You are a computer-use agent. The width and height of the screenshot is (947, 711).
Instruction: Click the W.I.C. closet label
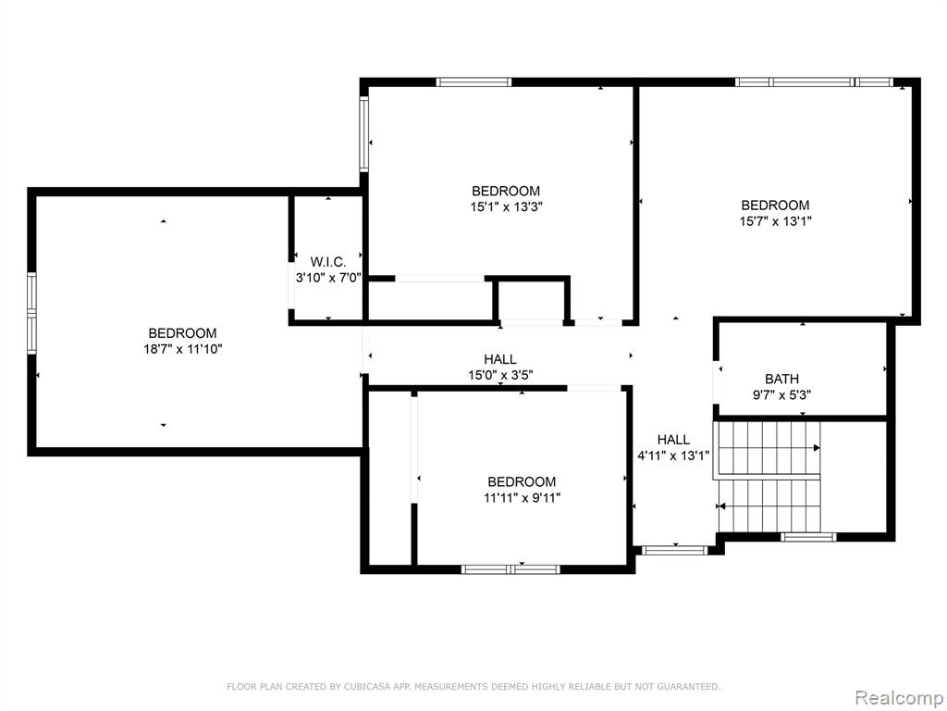pos(328,262)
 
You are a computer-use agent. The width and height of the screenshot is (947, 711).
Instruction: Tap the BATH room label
pos(781,379)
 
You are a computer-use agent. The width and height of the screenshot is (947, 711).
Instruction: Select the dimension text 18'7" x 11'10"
pos(182,349)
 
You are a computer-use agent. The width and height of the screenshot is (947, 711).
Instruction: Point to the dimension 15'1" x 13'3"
pos(506,206)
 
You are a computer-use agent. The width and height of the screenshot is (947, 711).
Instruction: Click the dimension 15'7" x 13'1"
pos(776,221)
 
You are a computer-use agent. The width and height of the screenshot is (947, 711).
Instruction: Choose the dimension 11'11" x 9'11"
pos(522,497)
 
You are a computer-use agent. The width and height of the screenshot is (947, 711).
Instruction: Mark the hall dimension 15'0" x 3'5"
pos(500,376)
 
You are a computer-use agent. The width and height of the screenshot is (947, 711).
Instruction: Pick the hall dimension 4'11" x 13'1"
pos(673,455)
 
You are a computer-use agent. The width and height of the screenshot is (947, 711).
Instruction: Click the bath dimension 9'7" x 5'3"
pos(781,395)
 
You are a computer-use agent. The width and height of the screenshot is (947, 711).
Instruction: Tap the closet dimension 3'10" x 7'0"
pos(328,278)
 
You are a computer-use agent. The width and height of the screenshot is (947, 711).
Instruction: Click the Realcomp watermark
pos(898,698)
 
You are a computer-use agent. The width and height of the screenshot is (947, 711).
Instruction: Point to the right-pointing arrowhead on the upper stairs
pos(817,448)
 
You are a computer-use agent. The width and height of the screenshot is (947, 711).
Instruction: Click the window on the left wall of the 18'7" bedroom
pos(31,313)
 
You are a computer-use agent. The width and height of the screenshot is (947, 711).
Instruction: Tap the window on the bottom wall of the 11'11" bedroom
pos(510,569)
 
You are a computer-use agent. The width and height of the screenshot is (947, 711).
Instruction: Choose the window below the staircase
pos(808,537)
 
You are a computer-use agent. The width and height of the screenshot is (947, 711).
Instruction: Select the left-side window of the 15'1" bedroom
pos(364,134)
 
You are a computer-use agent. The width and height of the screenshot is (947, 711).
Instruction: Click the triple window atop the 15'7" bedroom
pos(814,82)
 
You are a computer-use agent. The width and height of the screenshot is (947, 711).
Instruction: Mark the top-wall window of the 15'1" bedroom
pos(474,82)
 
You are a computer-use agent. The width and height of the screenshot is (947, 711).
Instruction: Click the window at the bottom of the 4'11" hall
pos(673,550)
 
